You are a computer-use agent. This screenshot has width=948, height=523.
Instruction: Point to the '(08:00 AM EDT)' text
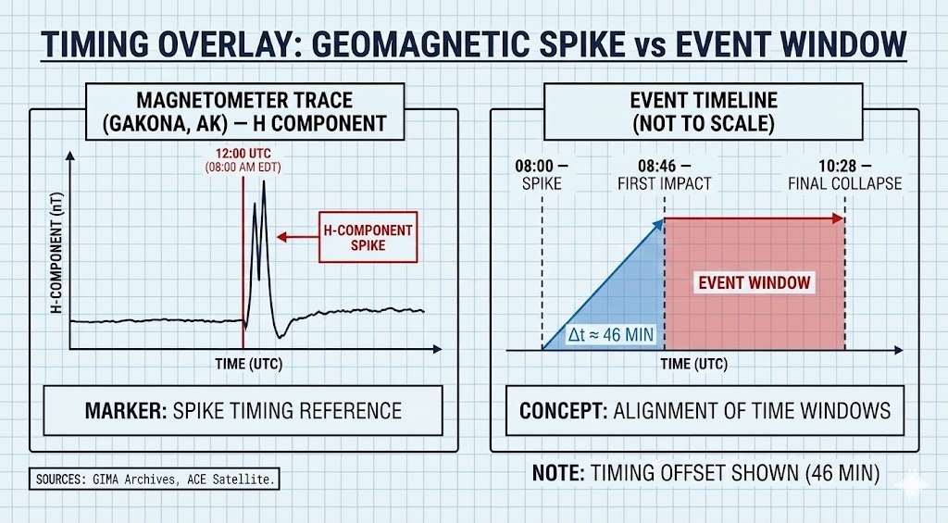click(x=244, y=167)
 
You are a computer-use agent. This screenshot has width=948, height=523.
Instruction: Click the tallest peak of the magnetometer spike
click(x=264, y=183)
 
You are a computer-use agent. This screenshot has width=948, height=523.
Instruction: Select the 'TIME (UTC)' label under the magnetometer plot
click(x=249, y=364)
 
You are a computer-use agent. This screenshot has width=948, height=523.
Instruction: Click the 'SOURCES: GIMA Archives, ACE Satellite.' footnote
click(x=156, y=479)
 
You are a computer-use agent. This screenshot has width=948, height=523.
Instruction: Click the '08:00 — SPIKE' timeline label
click(x=542, y=174)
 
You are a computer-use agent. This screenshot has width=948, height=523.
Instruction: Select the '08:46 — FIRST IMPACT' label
click(x=664, y=174)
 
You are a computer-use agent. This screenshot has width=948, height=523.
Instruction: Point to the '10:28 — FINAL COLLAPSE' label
click(x=844, y=174)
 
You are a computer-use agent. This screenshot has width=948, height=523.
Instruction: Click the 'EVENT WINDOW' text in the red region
click(x=754, y=282)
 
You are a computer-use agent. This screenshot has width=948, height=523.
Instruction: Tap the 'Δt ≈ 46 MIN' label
click(x=611, y=335)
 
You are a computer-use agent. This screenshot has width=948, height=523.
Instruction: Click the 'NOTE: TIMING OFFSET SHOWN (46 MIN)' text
click(x=705, y=473)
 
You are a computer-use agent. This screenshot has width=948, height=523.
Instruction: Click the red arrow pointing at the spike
click(x=296, y=237)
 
